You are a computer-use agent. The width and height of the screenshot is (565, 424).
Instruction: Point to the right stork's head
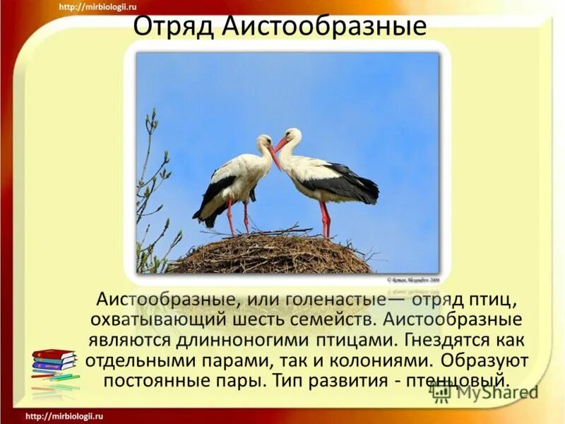292,135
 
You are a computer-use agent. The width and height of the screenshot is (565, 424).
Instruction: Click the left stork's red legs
237,216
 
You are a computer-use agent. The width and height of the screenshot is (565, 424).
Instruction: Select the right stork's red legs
324,219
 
